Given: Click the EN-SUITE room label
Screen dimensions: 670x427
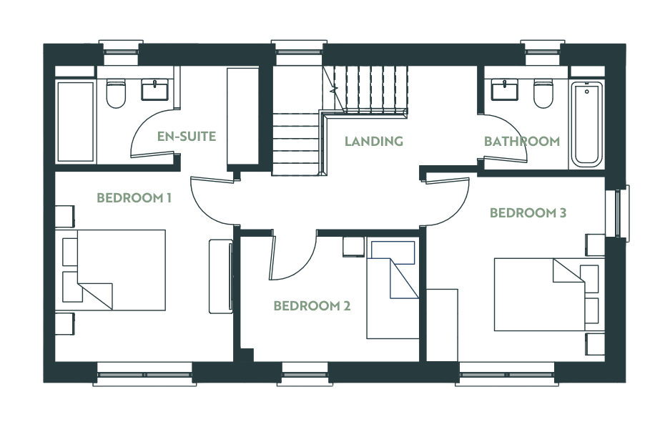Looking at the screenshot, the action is [187, 137].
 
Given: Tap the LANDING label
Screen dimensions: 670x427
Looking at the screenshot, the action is [374, 141].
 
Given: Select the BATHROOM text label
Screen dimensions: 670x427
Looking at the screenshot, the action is [522, 141].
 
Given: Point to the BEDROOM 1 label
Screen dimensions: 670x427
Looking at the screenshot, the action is [134, 198].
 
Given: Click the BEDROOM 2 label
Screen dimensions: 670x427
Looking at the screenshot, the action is [312, 306].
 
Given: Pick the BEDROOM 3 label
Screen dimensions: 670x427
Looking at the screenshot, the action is [528, 213].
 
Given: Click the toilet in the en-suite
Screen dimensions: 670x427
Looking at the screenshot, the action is [116, 94].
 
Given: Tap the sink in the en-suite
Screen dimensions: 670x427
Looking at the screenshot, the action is [154, 89].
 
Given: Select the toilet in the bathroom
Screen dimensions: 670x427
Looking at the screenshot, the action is [543, 94].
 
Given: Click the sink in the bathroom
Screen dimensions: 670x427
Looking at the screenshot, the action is [505, 89].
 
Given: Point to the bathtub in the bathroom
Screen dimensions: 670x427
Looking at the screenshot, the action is [587, 124].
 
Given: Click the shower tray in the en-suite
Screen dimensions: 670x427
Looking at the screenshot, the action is [76, 122].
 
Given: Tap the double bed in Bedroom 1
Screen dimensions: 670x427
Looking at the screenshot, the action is [110, 270].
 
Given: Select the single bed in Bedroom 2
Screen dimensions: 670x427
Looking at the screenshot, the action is [393, 290].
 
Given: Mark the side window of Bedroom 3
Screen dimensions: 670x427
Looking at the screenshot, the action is [618, 213].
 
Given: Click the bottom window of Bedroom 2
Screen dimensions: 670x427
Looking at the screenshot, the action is [305, 374].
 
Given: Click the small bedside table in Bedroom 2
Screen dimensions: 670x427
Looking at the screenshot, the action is [354, 247].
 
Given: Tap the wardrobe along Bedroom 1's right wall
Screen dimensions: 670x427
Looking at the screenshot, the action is [220, 277].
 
